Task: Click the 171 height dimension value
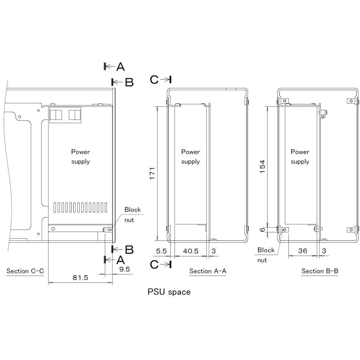[x=152, y=173]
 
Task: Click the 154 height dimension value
[x=262, y=166]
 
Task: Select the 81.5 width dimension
[x=80, y=277]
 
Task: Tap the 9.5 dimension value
[x=124, y=269]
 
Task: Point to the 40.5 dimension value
[x=190, y=251]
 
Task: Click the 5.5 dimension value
[x=161, y=251]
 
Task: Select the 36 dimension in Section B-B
[x=302, y=251]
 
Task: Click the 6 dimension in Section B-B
[x=262, y=230]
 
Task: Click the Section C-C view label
[x=25, y=271]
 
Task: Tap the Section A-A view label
[x=208, y=271]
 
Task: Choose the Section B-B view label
[x=320, y=271]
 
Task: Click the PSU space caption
[x=169, y=292]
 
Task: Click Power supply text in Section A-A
[x=190, y=157]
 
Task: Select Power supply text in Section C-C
[x=80, y=157]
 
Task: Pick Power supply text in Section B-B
[x=300, y=157]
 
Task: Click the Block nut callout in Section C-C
[x=132, y=215]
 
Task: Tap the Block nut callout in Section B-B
[x=266, y=255]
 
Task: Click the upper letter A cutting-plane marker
[x=120, y=67]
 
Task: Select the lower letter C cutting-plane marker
[x=154, y=264]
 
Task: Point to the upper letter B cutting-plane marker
[x=129, y=82]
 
